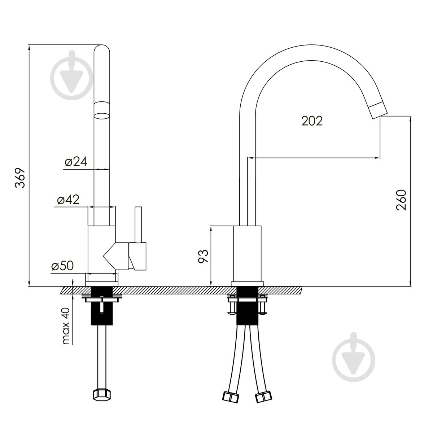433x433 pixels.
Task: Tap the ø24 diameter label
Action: pos(76,161)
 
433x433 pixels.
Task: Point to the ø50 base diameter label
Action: pos(62,266)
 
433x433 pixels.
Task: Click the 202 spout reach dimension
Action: pos(312,121)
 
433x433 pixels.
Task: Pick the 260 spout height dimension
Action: pos(401,200)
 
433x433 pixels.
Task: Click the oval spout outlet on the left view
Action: pos(102,116)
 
